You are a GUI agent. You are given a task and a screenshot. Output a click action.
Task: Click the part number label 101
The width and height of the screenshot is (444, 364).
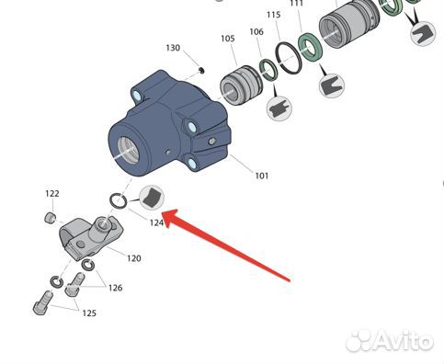pos(262,176)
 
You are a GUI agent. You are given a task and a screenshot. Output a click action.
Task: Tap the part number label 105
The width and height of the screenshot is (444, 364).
pos(228,39)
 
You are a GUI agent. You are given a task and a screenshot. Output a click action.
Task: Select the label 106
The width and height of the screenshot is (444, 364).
pos(256,31)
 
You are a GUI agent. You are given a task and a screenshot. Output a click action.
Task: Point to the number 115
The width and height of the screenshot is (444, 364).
pos(274,15)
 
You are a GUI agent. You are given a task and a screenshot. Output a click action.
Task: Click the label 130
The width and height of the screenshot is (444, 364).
pos(173,48)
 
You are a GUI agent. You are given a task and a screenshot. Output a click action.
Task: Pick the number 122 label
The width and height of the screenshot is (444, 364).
pos(52,194)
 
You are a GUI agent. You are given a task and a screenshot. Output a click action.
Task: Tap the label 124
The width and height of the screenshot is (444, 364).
pos(156,222)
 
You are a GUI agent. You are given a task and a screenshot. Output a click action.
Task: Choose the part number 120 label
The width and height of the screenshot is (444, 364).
pos(134,258)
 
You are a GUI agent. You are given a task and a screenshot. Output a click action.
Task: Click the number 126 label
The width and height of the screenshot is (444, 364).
pos(115,288)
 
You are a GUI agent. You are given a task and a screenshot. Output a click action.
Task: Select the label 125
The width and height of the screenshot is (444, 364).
pos(89,313)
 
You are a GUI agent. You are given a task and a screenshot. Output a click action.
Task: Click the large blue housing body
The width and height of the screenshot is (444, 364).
pos(168,126)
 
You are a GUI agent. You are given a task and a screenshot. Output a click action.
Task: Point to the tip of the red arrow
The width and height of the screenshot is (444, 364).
pos(163,213)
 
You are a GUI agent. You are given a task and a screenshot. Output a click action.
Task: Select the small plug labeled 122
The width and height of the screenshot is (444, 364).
pos(50,217)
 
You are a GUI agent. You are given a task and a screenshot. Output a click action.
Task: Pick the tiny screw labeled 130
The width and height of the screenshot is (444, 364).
pos(201,70)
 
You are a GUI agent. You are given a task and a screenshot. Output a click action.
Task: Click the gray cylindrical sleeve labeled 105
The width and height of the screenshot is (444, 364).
pos(241,85)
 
